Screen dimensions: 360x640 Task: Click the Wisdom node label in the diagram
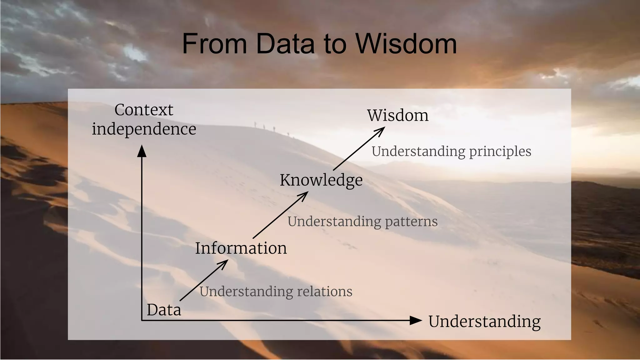397,115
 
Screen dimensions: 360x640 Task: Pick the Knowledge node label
321,180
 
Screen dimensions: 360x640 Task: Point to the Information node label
241,248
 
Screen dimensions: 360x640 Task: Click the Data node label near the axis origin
164,310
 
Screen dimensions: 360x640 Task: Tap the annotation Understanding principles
451,151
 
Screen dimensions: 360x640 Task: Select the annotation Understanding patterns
362,222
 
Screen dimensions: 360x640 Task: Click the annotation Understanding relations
276,292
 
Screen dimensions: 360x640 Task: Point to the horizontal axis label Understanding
484,322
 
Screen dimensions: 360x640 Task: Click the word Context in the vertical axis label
144,110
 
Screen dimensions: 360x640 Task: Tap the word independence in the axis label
144,129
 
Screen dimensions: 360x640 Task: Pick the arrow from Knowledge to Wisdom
359,149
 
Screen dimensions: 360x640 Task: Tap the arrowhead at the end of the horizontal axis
416,320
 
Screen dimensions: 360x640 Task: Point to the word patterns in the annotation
411,222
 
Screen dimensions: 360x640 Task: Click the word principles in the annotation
500,151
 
